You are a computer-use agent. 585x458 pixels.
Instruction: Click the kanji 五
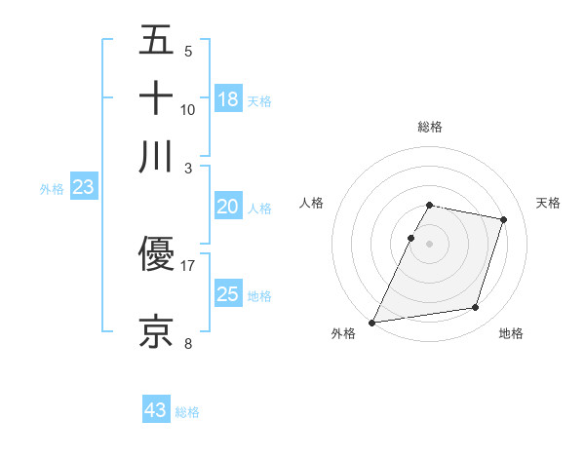pyautogui.click(x=156, y=42)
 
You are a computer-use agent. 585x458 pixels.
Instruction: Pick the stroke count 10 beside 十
pyautogui.click(x=188, y=109)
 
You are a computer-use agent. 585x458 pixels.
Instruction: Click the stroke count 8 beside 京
pyautogui.click(x=188, y=342)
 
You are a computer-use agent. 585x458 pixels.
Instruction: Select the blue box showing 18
pyautogui.click(x=228, y=99)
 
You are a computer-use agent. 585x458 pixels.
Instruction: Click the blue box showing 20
pyautogui.click(x=228, y=207)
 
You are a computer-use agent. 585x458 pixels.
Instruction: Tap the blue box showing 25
pyautogui.click(x=228, y=294)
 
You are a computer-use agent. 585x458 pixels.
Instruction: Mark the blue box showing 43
pyautogui.click(x=156, y=410)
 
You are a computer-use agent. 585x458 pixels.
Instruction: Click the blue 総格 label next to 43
pyautogui.click(x=188, y=412)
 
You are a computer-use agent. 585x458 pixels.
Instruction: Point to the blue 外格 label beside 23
pyautogui.click(x=52, y=190)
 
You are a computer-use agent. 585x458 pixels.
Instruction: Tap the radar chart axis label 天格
pyautogui.click(x=548, y=203)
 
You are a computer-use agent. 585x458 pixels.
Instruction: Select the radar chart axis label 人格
pyautogui.click(x=312, y=203)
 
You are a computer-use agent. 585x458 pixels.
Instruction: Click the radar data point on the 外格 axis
pyautogui.click(x=372, y=322)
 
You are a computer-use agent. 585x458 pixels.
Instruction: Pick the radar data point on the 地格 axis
pyautogui.click(x=476, y=308)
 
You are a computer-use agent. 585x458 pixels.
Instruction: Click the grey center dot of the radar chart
pyautogui.click(x=430, y=244)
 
